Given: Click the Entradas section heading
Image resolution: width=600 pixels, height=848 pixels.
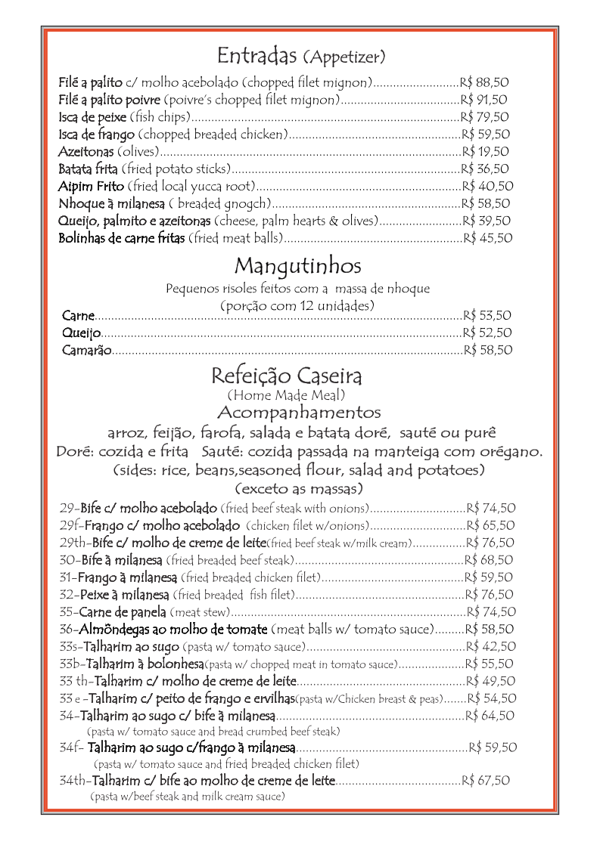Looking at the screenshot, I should click(259, 55).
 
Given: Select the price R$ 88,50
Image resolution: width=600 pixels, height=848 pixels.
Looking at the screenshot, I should click(484, 82).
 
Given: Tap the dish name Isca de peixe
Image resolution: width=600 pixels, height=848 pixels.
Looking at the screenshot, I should click(92, 116).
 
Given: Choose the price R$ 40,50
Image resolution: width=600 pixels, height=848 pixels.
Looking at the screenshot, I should click(487, 186).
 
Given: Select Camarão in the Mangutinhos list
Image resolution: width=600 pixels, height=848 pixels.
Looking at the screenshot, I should click(87, 350).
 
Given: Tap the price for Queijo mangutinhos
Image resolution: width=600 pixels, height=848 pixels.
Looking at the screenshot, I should click(487, 333).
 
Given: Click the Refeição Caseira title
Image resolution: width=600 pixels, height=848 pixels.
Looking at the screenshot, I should click(286, 376).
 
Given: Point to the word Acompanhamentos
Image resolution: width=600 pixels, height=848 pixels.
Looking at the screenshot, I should click(298, 413).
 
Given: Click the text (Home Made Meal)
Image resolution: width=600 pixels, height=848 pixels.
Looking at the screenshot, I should click(286, 395).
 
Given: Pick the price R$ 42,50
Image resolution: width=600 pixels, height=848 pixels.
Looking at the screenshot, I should click(491, 646).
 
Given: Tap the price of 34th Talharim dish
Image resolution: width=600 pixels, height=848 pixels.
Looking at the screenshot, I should click(486, 781).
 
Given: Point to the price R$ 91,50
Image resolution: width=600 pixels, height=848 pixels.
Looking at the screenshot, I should click(484, 99).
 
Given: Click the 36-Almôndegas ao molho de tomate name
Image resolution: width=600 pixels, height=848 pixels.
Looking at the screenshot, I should click(163, 629).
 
